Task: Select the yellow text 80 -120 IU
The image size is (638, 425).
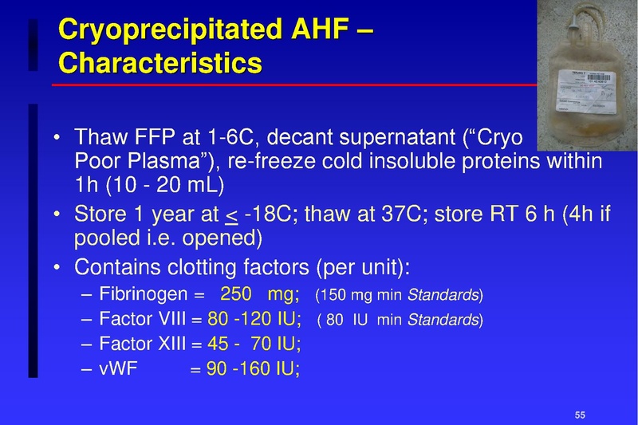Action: (x=254, y=321)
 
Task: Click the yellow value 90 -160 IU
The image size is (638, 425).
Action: (x=253, y=369)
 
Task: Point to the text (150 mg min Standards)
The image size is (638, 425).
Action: (x=400, y=297)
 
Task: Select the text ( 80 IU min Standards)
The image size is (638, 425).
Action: (x=400, y=321)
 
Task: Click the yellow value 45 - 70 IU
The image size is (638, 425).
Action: (x=254, y=344)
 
